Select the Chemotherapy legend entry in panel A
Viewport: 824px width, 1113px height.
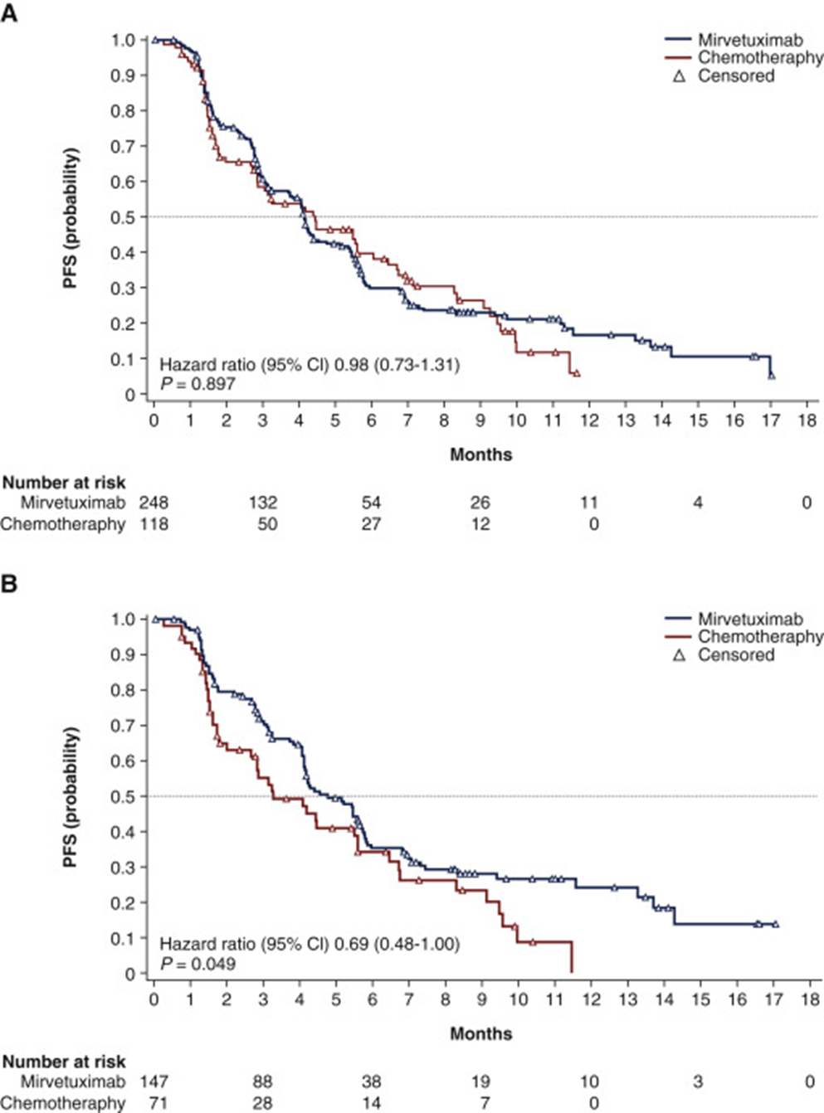pos(759,57)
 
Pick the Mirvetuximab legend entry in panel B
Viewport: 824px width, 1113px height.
pos(749,619)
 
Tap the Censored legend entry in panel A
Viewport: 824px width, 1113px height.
pos(735,75)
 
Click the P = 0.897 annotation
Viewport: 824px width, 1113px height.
pos(198,383)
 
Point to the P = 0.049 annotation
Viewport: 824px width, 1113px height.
pos(198,963)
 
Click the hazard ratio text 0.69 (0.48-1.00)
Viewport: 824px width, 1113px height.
pos(397,944)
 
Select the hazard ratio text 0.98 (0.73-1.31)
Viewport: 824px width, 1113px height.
pos(397,364)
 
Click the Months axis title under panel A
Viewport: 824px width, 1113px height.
pos(480,454)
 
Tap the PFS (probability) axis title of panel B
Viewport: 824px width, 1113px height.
pos(71,797)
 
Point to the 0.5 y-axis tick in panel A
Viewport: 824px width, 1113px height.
pos(123,217)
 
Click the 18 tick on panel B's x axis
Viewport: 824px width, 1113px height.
pos(809,999)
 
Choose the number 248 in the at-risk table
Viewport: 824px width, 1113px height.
pos(154,503)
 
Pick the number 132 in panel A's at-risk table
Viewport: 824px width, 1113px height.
pos(263,503)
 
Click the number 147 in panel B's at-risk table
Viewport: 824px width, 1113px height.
pos(154,1081)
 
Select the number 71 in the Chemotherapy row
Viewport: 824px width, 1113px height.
pos(154,1103)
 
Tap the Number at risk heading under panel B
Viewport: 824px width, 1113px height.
pos(64,1062)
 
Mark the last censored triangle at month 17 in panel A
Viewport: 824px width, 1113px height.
pos(772,376)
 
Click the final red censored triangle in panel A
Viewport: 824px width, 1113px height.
pos(577,375)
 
